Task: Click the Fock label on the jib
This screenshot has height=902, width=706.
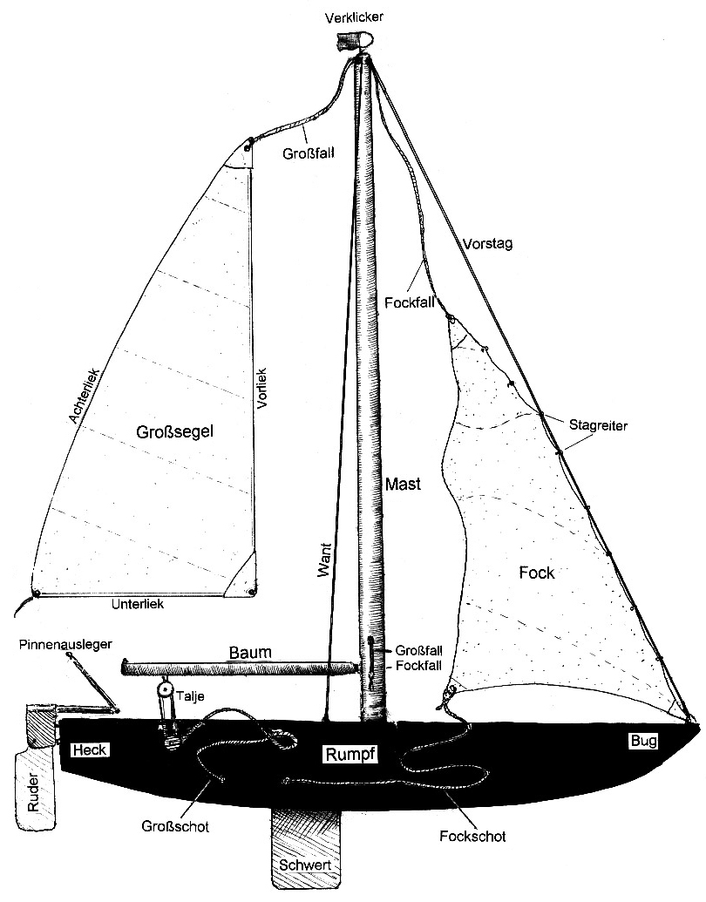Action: point(537,573)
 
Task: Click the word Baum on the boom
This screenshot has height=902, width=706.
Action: point(250,652)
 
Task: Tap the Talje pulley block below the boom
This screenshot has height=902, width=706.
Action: point(163,689)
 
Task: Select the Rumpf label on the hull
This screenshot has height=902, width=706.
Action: point(350,755)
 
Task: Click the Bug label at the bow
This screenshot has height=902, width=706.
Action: point(643,741)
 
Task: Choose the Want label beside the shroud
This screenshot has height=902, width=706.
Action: point(325,555)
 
